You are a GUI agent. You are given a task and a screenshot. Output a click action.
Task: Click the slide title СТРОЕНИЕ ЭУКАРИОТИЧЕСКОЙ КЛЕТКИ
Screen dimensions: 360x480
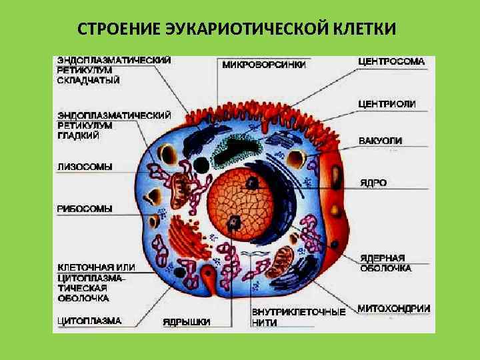[237, 30]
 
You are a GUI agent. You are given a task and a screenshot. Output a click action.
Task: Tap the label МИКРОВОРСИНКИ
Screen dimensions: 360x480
[265, 65]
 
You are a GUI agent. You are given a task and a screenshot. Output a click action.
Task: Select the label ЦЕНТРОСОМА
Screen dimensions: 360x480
[391, 61]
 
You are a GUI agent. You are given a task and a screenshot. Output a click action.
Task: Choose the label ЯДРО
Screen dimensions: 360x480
[373, 182]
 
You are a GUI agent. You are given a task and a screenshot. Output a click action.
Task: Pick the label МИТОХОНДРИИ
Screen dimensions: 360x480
[394, 308]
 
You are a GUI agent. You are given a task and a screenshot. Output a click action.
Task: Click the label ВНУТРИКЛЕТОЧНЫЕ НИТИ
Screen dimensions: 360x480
[299, 317]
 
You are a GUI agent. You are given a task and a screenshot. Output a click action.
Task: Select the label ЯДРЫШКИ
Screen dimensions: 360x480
[187, 322]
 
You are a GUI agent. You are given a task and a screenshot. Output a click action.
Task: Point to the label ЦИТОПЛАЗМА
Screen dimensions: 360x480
[89, 321]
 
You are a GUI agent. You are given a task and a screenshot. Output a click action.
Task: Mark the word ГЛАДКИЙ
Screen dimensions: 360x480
[79, 135]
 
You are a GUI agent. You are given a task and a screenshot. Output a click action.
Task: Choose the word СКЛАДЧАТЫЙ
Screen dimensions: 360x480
[89, 81]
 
